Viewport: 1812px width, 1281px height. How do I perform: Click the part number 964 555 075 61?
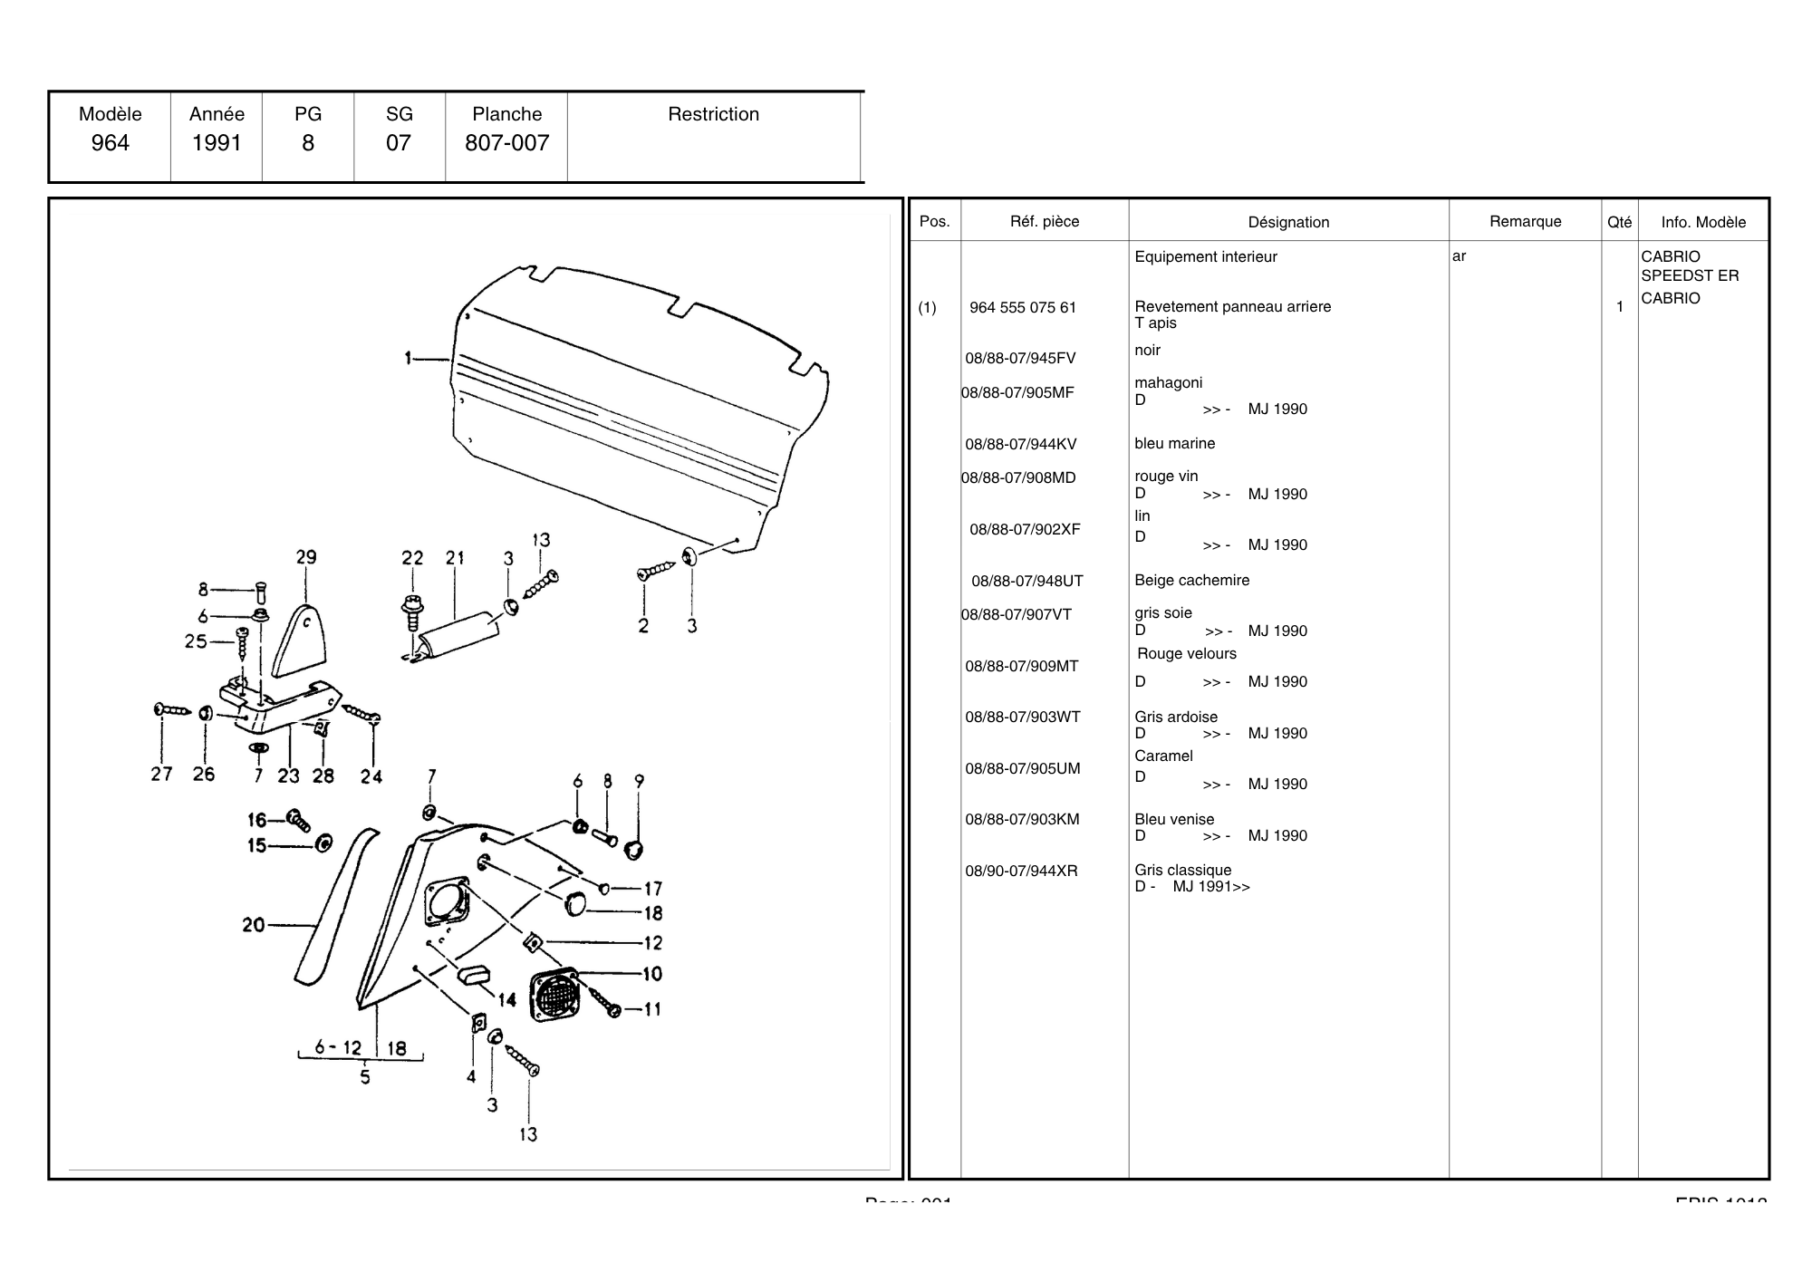point(1023,308)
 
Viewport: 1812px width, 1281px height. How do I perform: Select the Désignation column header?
point(1288,222)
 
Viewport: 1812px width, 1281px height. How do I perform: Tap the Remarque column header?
point(1525,221)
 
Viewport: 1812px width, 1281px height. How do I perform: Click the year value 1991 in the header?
point(217,143)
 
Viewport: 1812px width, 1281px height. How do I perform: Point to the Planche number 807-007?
point(506,143)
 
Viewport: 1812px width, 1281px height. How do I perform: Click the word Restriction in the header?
point(713,114)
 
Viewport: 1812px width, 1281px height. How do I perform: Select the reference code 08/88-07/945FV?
point(1020,359)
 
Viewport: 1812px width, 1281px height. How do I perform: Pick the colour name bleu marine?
point(1174,444)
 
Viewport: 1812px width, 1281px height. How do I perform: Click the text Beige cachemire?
point(1191,581)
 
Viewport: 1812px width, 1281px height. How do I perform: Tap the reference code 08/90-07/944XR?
point(1021,872)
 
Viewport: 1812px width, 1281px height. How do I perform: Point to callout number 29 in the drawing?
point(306,557)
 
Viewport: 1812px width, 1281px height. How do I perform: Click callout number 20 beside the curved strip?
point(254,925)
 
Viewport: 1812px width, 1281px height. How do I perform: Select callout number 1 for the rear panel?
point(409,359)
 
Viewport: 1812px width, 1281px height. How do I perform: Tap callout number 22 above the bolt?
point(412,558)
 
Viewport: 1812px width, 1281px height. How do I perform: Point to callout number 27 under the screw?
point(161,775)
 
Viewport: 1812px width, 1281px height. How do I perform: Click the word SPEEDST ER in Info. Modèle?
point(1690,276)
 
